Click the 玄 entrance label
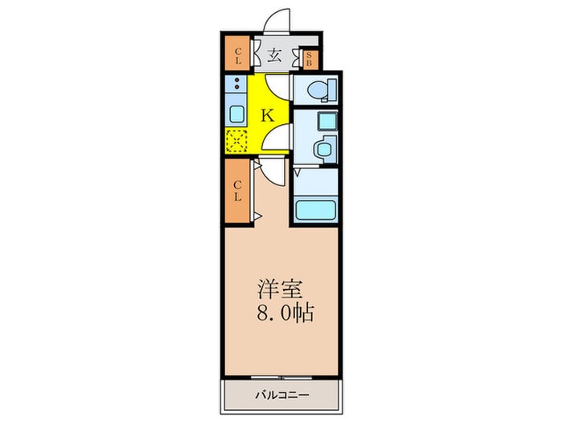(273, 56)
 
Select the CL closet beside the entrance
(238, 56)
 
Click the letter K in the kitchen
(269, 114)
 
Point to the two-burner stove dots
(238, 85)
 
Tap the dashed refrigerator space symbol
(237, 139)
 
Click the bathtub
(316, 209)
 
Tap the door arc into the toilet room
(278, 87)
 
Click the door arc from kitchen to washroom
(278, 137)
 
